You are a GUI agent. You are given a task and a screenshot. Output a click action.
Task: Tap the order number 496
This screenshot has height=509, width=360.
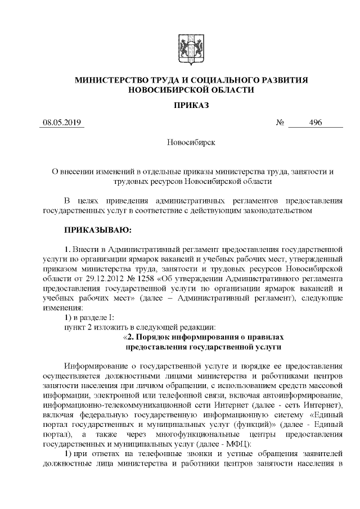[315, 123]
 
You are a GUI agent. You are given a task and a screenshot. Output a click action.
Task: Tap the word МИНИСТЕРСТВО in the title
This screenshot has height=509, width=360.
[115, 80]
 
